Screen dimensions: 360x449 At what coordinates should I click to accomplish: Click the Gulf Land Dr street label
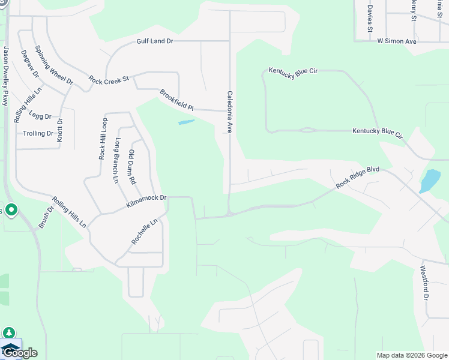tap(154, 41)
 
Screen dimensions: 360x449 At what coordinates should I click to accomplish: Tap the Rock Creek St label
tap(109, 79)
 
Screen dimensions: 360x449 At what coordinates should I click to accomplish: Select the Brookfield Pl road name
tap(176, 100)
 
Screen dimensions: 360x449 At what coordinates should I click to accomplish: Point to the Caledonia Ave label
tap(229, 112)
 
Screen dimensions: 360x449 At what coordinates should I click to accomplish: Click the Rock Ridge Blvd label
tap(358, 178)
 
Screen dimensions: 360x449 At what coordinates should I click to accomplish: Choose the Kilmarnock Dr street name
tap(146, 202)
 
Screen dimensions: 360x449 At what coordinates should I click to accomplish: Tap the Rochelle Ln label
tap(144, 231)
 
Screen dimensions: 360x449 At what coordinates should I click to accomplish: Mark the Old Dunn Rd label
tap(132, 167)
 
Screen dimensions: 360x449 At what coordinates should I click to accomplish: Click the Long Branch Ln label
tap(118, 160)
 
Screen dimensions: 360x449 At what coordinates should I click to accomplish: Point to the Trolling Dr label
tap(38, 133)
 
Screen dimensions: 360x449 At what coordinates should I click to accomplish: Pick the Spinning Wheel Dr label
tap(54, 65)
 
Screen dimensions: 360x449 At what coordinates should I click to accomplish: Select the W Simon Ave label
tap(397, 41)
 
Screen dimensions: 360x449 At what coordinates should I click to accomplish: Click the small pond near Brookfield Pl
tap(187, 122)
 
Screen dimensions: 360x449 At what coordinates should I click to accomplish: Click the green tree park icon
tap(9, 333)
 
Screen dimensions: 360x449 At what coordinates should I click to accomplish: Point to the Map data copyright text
tap(412, 355)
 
